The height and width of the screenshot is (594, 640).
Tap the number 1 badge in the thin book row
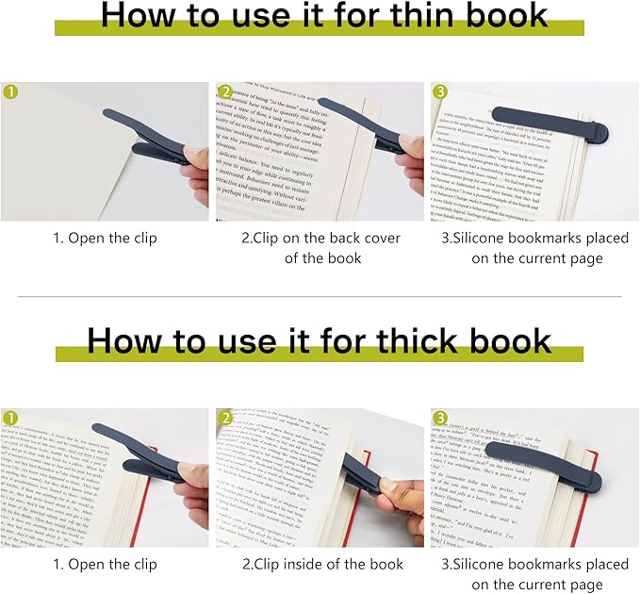pyautogui.click(x=10, y=92)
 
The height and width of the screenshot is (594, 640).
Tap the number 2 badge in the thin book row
pyautogui.click(x=226, y=92)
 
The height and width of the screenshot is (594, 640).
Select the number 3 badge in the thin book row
pyautogui.click(x=441, y=92)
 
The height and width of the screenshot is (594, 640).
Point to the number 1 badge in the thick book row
pyautogui.click(x=10, y=418)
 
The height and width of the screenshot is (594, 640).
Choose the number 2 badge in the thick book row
pyautogui.click(x=226, y=418)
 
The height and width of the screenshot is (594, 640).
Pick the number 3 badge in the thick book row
pyautogui.click(x=441, y=418)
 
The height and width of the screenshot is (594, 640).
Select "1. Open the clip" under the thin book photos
pyautogui.click(x=104, y=238)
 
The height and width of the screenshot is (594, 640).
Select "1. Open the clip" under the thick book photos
pyautogui.click(x=104, y=564)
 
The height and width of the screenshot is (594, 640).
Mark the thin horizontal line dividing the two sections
pyautogui.click(x=320, y=296)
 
